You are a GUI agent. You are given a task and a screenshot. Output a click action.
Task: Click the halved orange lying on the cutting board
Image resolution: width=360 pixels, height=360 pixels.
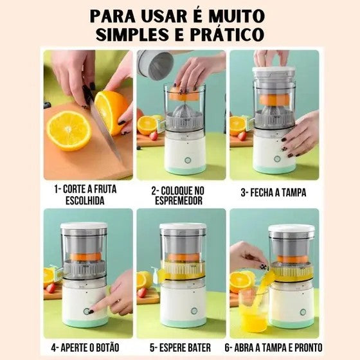tap(69, 130)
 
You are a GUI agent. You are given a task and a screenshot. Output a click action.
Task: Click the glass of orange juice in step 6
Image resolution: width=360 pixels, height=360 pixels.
tap(253, 312)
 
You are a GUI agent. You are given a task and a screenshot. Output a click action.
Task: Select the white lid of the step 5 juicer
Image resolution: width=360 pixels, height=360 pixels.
tap(183, 227)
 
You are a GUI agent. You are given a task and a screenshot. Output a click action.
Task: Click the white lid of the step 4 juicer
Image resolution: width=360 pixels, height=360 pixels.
tap(84, 226)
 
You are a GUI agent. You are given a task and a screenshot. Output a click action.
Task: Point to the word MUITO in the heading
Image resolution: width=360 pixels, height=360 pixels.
tap(240, 15)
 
